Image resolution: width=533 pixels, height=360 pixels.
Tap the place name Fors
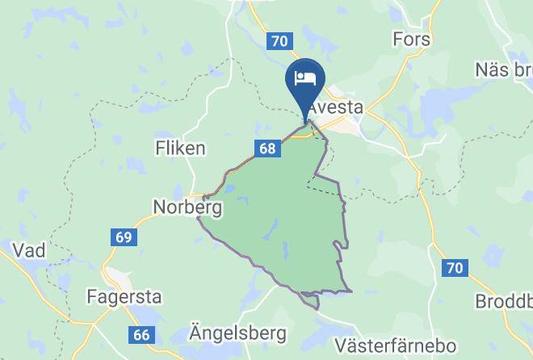(411, 39)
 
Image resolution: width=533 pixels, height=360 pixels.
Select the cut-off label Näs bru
(501, 69)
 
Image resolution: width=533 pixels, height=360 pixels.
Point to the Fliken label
(180, 149)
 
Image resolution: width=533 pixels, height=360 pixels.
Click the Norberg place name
(187, 207)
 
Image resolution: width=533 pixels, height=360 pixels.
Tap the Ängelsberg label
(226, 333)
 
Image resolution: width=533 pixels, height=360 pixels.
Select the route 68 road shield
(269, 149)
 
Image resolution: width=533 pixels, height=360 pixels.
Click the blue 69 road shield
(124, 237)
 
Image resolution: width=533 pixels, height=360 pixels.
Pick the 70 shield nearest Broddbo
(455, 267)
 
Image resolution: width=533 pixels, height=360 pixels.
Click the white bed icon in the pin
(305, 77)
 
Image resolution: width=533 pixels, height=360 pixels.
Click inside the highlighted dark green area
(283, 218)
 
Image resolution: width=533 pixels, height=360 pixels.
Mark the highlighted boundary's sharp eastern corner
(352, 291)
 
